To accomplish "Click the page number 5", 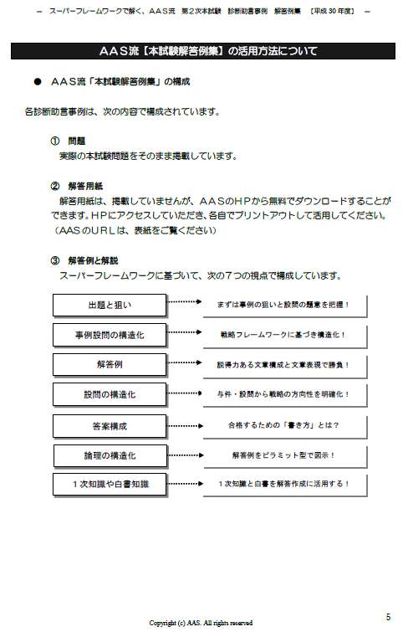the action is point(388,617).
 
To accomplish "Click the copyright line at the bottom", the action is point(201,623).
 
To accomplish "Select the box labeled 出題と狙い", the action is point(110,305).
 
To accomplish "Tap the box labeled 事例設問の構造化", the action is point(110,335).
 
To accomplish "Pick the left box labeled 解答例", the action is point(110,364).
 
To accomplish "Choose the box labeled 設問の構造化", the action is point(110,394).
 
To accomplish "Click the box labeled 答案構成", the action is point(110,426).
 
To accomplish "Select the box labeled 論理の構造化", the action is point(110,456).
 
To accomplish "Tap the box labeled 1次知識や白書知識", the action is point(110,485).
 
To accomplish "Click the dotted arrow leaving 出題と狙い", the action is point(185,301).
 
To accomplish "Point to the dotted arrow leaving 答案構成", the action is point(185,426).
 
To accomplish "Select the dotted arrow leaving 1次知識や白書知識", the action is point(185,484).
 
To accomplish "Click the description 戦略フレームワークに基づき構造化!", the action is point(283,335).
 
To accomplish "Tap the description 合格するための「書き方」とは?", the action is point(283,425).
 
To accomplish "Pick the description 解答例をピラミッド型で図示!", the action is point(283,455).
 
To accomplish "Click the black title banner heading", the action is point(203,51).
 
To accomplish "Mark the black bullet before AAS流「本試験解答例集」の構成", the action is point(38,82).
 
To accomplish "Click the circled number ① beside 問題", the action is point(55,141).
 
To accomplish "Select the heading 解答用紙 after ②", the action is point(85,187).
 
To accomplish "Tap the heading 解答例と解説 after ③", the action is point(93,261).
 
